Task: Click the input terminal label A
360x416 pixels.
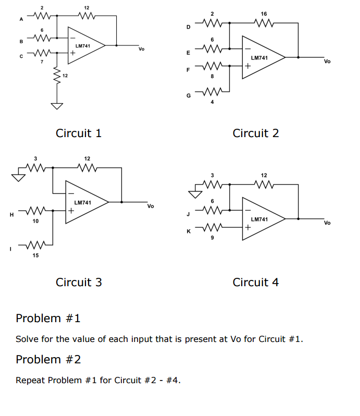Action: point(21,20)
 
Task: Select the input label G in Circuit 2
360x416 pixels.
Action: point(188,95)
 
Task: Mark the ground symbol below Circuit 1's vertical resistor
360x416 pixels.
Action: point(57,107)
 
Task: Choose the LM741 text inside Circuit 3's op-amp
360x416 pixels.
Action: point(82,202)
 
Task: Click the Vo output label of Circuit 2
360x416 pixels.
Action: point(327,62)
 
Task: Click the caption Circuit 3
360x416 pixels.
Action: point(79,283)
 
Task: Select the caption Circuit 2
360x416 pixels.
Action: point(255,133)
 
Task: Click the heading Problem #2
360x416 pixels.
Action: point(48,359)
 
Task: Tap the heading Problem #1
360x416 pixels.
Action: point(48,318)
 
